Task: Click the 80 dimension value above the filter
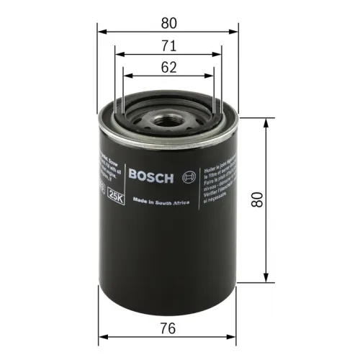[170, 22]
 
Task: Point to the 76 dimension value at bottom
[170, 328]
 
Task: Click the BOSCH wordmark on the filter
[150, 174]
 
